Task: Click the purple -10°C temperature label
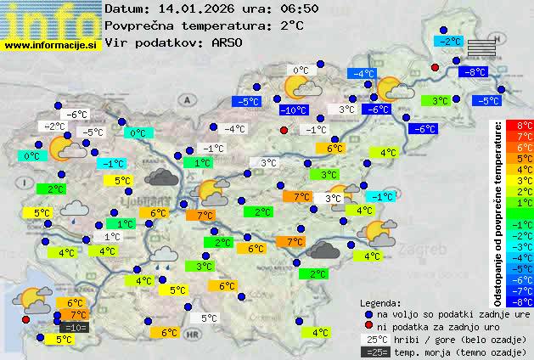coord(294,110)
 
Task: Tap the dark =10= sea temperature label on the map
coord(74,327)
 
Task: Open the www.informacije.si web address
coord(52,45)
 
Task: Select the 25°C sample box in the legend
coord(373,339)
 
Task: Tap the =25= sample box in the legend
coord(373,352)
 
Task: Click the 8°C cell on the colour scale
coord(525,126)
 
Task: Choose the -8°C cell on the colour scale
coord(525,300)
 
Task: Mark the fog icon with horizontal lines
coord(480,46)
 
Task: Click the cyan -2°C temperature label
coord(447,41)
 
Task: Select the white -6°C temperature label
coord(78,115)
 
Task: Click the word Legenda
coord(380,302)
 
